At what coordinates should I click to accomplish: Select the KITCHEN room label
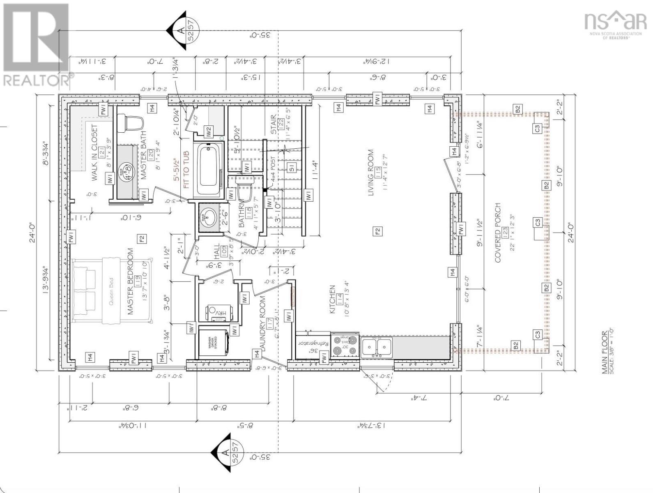click(332, 300)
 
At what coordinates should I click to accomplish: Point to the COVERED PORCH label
click(498, 233)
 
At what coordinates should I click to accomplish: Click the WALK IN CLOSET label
click(94, 153)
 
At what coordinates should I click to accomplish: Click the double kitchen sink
click(377, 345)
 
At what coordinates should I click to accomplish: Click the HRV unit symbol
click(216, 313)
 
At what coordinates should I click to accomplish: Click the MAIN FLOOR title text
click(605, 352)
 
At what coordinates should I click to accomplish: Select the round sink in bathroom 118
click(209, 217)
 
